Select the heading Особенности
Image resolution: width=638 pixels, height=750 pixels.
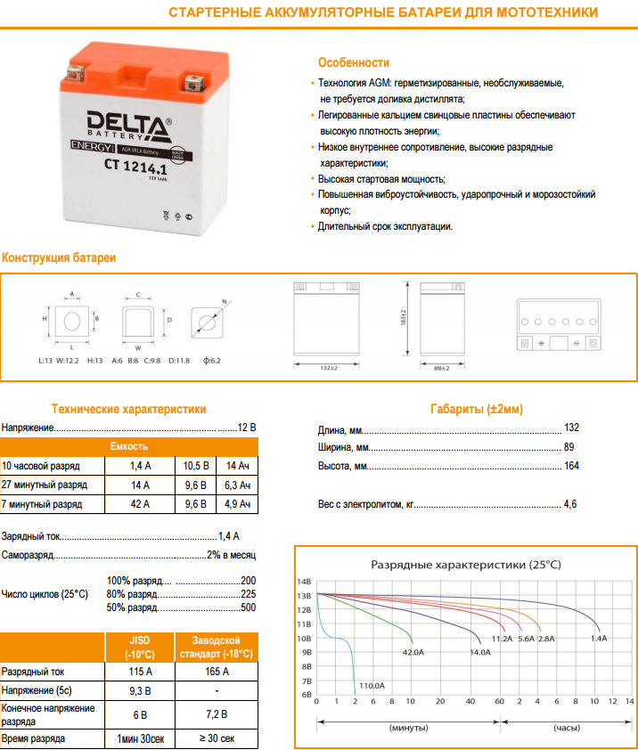tap(354, 62)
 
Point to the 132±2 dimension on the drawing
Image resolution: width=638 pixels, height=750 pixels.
tap(327, 368)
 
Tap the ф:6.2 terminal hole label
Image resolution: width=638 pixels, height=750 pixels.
tap(211, 361)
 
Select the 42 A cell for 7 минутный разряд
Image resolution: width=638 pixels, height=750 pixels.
tap(141, 504)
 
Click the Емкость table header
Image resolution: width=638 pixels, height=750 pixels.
tap(129, 446)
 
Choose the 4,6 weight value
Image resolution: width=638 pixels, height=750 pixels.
tap(570, 504)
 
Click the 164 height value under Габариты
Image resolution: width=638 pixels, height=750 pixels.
tap(571, 466)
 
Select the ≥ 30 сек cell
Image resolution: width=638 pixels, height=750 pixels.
tap(217, 739)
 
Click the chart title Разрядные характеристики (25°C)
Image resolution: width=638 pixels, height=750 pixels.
tap(465, 565)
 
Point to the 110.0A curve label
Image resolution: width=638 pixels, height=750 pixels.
tap(372, 685)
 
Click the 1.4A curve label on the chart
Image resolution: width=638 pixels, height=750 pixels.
tap(598, 639)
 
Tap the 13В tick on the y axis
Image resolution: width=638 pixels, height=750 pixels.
tap(304, 595)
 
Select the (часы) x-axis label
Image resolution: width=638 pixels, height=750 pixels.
tap(568, 728)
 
